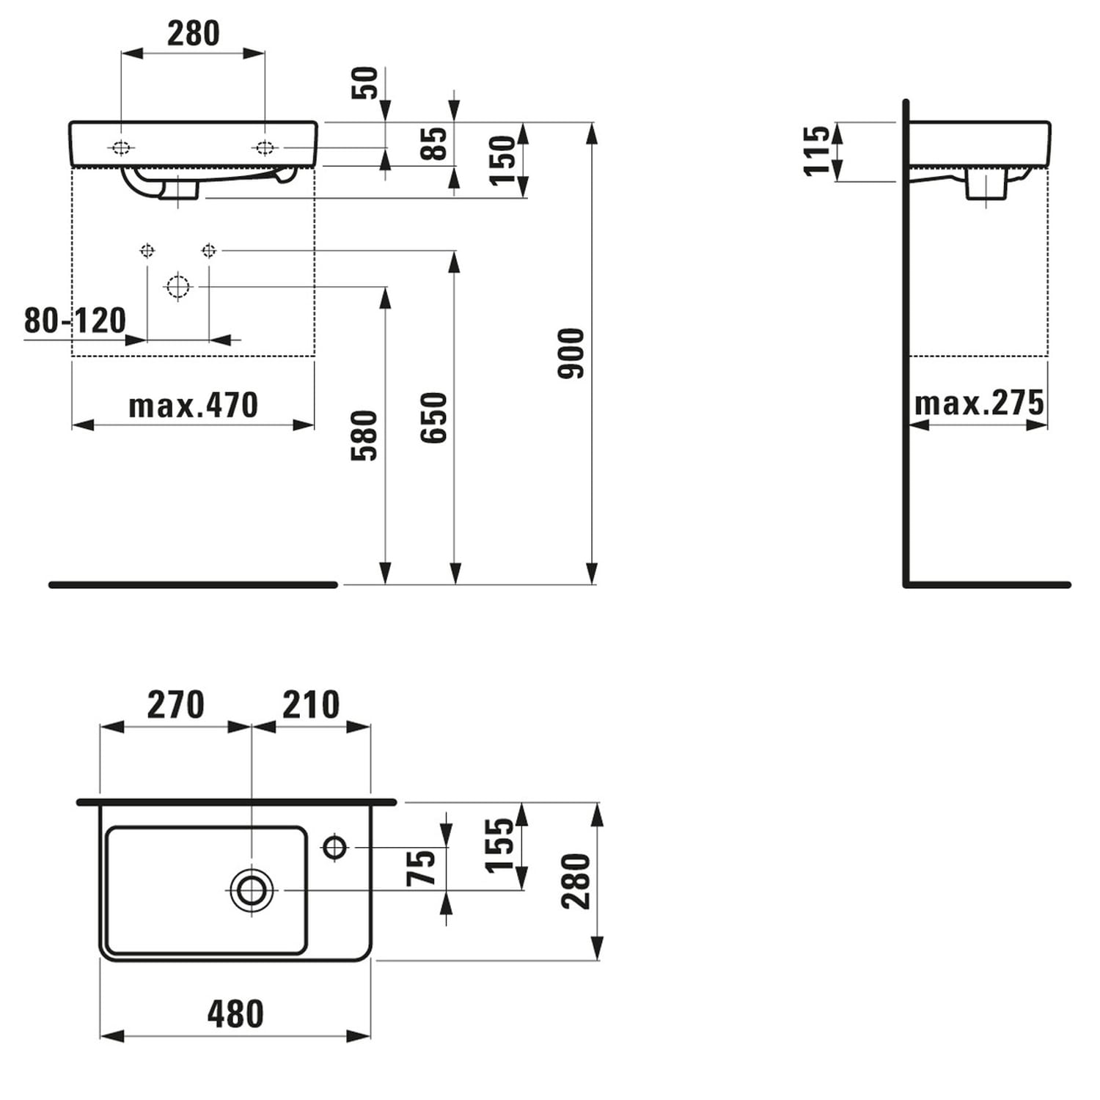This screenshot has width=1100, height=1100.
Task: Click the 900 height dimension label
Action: coord(571,353)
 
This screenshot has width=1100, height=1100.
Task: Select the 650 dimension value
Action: coord(434,417)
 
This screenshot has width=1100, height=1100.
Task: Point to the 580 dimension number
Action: coord(364,435)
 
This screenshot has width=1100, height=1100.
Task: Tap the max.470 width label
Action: coord(193,406)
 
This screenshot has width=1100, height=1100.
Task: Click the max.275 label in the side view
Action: coord(979,403)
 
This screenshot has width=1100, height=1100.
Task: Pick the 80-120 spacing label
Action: coord(75,320)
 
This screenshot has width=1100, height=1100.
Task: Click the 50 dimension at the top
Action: coord(365,83)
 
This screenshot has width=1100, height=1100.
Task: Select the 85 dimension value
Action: coord(434,144)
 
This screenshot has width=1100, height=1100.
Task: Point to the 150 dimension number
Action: coord(503,160)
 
